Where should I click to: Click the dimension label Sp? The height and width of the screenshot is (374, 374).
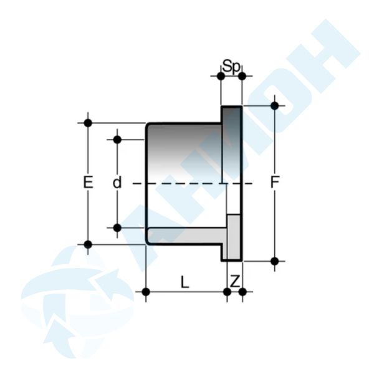pos(231,66)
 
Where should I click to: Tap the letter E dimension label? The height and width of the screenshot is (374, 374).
pos(88,182)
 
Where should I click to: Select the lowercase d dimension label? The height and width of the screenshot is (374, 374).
pos(117,182)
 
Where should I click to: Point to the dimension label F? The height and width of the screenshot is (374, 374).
pos(275,182)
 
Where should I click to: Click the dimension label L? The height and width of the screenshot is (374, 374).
pos(185,282)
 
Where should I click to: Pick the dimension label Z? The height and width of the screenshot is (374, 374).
pos(235,281)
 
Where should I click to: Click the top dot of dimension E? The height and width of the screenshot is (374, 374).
pos(88,123)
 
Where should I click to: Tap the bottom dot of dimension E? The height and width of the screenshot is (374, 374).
pos(88,244)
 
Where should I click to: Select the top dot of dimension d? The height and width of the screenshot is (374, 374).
pos(117,140)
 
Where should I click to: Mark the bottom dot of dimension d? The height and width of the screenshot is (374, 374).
pos(117,228)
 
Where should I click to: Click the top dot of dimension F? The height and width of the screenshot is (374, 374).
pos(275,105)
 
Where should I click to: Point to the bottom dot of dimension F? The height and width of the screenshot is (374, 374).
pos(275,261)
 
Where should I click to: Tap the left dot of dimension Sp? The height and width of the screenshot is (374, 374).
pos(221,76)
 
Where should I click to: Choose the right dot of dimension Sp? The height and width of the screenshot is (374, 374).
pos(242,76)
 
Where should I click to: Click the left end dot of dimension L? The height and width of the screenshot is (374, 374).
pos(146,292)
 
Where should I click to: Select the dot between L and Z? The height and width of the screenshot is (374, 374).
pos(228,292)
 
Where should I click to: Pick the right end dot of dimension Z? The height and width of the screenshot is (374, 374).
pos(242,292)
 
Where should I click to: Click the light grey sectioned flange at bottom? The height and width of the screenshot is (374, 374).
pos(234,237)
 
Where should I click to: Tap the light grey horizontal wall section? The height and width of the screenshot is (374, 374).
pos(187,236)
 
